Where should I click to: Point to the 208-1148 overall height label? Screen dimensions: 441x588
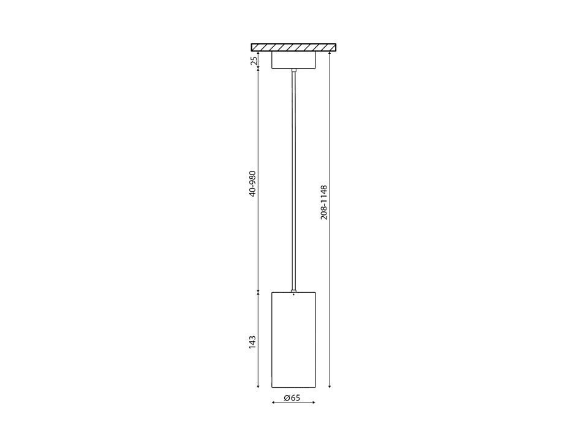point(325,202)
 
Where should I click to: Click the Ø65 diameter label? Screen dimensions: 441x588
point(293,398)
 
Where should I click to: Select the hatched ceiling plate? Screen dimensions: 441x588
point(294,47)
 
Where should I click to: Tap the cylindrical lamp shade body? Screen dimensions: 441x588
point(293,341)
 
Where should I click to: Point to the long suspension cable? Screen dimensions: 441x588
point(294,184)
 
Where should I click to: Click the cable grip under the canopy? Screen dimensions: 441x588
point(294,72)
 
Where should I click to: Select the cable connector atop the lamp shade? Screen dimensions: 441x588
point(294,290)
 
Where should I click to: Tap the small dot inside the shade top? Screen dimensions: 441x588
point(294,295)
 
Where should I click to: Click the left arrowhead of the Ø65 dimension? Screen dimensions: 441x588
point(273,403)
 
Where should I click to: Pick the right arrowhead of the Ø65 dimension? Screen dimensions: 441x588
point(314,403)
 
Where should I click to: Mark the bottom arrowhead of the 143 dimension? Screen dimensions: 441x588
point(258,386)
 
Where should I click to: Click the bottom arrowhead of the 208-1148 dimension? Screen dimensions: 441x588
point(330,386)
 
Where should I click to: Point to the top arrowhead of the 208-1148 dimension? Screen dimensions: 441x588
point(330,53)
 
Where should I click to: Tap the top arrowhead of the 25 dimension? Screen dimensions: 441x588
point(258,53)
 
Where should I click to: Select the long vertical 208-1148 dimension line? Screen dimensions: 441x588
point(330,276)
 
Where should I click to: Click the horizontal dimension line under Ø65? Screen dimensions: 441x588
point(293,403)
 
